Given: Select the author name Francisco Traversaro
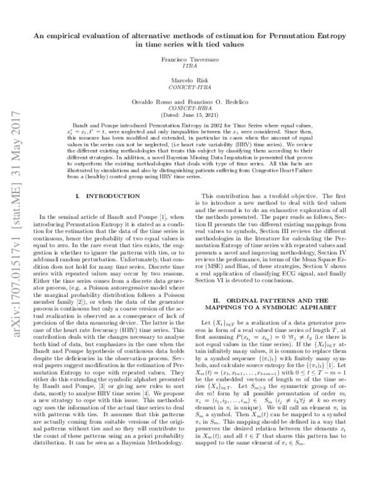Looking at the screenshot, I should (188, 57).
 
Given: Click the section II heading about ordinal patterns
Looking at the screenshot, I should (280, 305).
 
